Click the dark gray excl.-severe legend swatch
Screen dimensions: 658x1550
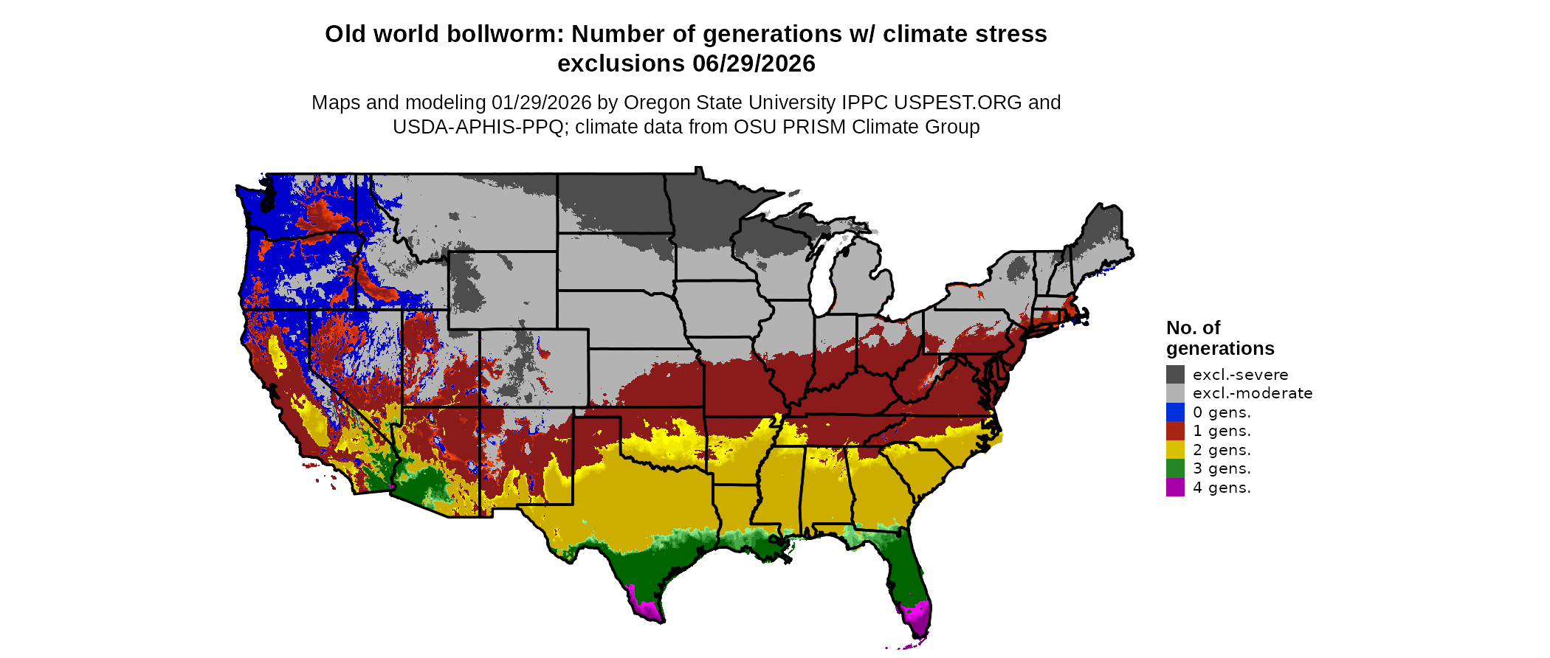click(x=1175, y=374)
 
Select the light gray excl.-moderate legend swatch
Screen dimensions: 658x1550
click(x=1175, y=393)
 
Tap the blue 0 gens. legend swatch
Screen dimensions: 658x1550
click(x=1175, y=412)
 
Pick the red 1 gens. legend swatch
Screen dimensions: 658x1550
click(x=1175, y=431)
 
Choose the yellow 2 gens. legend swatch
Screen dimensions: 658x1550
click(x=1175, y=449)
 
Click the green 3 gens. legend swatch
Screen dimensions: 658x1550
click(x=1175, y=468)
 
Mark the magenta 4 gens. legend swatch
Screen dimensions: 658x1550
click(x=1175, y=487)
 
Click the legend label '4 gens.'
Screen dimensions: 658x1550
click(x=1222, y=488)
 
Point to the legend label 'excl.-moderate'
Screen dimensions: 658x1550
click(x=1253, y=393)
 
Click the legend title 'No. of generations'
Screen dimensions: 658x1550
click(x=1219, y=338)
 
